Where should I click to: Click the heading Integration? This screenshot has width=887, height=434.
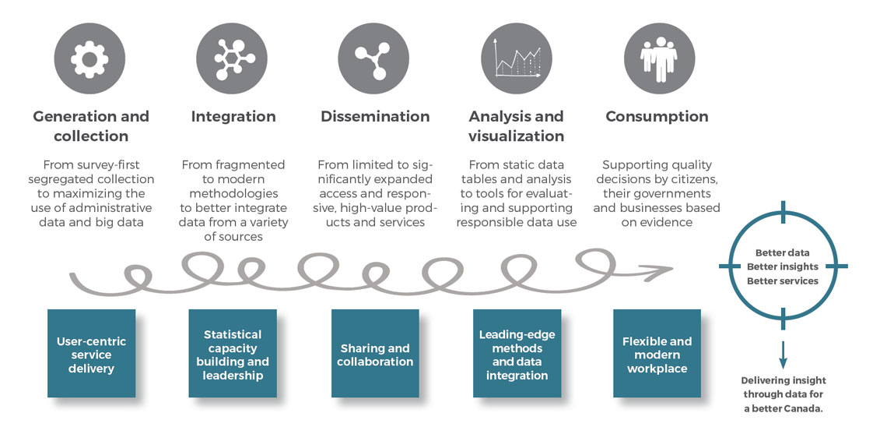pos(233,117)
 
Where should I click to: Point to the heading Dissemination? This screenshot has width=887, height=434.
pos(375,117)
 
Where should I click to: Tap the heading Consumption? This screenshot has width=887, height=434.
pos(657,117)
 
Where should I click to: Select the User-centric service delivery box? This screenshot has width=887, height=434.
pos(92,354)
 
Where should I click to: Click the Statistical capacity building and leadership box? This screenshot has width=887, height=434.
pos(233,354)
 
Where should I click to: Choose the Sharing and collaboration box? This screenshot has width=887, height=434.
pos(375,354)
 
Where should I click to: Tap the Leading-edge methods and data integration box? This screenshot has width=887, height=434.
pos(517,354)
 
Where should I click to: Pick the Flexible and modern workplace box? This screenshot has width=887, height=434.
pos(657,354)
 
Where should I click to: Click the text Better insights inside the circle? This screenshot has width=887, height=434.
pos(782,266)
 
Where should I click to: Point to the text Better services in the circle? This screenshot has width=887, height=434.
pos(782,281)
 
